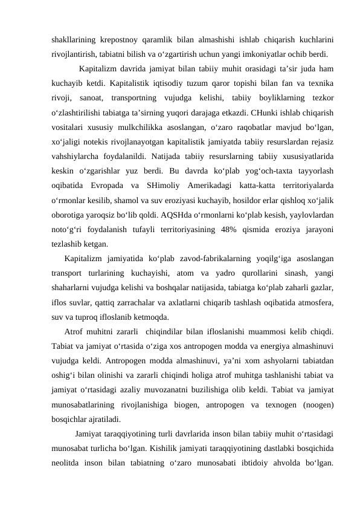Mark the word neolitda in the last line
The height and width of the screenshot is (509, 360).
click(68, 462)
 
